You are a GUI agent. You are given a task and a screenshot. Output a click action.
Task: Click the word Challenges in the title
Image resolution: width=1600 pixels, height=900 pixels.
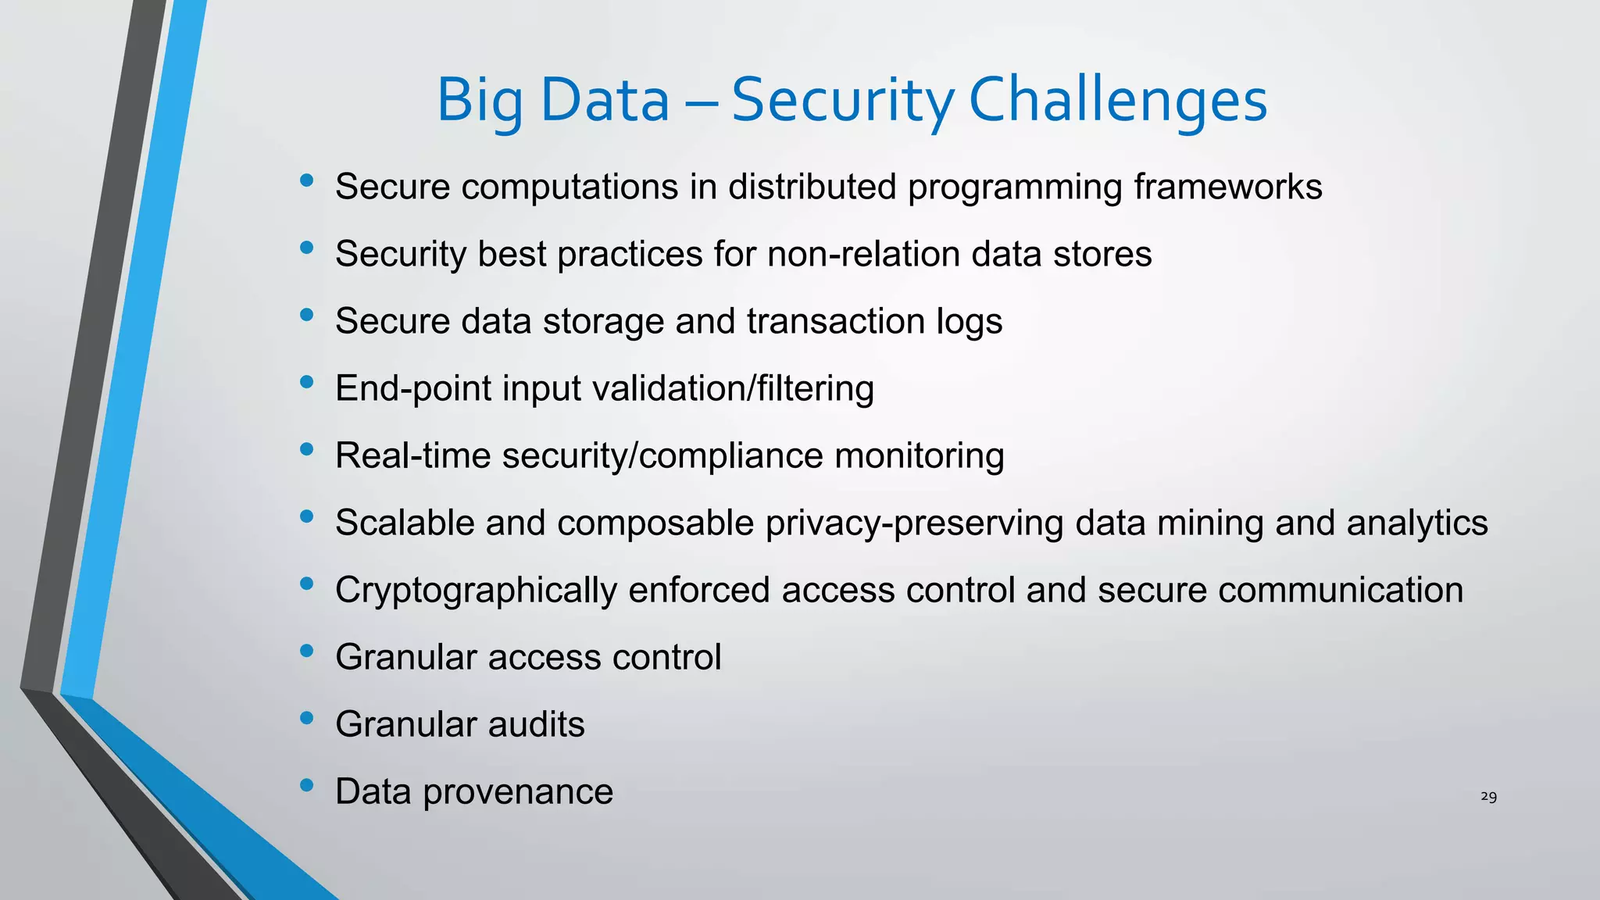(1117, 101)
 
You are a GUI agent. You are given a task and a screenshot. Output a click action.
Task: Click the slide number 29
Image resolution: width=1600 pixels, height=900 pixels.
(1488, 797)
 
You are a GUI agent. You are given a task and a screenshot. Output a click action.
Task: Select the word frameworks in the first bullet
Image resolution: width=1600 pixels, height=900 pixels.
(1228, 187)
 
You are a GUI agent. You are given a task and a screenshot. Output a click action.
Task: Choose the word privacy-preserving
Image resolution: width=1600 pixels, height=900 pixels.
(914, 523)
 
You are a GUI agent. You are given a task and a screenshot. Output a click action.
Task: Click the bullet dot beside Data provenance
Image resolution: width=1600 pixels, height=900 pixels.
(306, 784)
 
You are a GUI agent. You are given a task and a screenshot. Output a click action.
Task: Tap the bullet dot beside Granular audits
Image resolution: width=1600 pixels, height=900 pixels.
(306, 717)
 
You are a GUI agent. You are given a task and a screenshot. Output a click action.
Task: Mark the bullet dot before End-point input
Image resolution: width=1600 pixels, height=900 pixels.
(306, 381)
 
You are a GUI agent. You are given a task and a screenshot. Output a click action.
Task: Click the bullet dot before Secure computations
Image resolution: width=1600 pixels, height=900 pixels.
(306, 180)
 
